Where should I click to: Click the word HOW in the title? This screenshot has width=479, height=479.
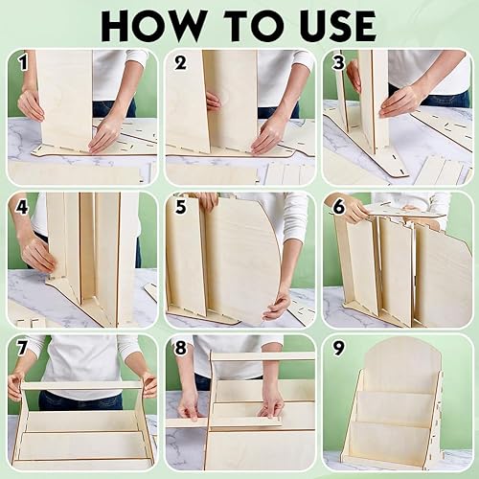pyautogui.click(x=153, y=26)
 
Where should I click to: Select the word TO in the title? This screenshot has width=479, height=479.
pyautogui.click(x=250, y=26)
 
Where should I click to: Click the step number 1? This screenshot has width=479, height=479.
pyautogui.click(x=23, y=63)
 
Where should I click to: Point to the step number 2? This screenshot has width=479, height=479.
pyautogui.click(x=181, y=63)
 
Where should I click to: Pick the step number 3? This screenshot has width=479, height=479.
pyautogui.click(x=338, y=63)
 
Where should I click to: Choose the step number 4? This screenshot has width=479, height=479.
pyautogui.click(x=22, y=207)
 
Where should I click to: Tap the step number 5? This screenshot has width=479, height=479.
pyautogui.click(x=181, y=207)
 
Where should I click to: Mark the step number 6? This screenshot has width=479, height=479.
pyautogui.click(x=339, y=207)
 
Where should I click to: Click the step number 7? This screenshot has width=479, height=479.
pyautogui.click(x=21, y=348)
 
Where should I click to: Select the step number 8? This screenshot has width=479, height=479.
pyautogui.click(x=181, y=348)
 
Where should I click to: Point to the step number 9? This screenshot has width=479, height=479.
pyautogui.click(x=338, y=348)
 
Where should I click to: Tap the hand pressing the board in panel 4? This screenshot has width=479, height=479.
pyautogui.click(x=38, y=256)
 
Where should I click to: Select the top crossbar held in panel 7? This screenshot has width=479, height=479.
pyautogui.click(x=81, y=385)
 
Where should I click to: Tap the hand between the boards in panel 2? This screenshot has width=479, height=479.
pyautogui.click(x=214, y=101)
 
